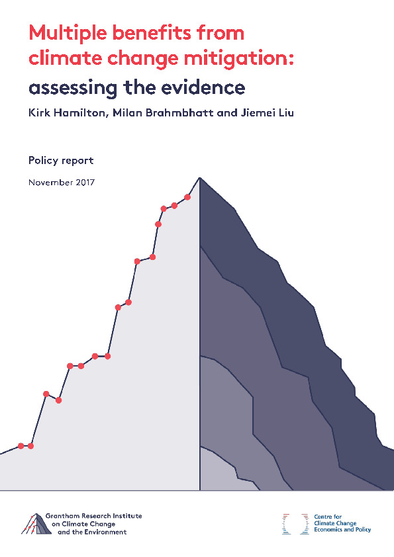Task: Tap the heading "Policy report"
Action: point(61,161)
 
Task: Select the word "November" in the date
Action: point(51,182)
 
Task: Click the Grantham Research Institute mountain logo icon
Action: point(36,525)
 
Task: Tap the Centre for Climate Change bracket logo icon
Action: point(295,524)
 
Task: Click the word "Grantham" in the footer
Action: point(62,516)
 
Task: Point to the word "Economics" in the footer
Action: point(328,529)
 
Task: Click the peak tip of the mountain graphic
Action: point(199,177)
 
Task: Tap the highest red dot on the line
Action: point(187,197)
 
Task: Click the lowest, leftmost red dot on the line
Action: point(21,446)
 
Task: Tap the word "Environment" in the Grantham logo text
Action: point(105,532)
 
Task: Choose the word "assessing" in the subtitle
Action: point(73,88)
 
